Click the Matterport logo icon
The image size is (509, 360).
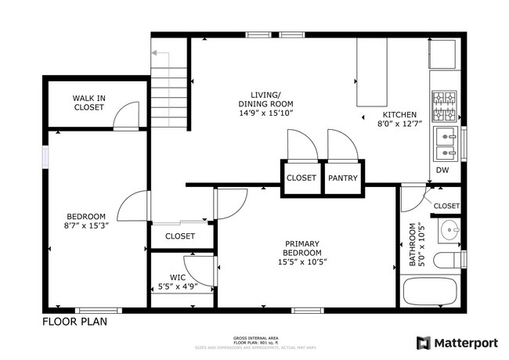(x=424, y=343)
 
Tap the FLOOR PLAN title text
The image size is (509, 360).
(x=74, y=321)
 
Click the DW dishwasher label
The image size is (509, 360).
(x=442, y=170)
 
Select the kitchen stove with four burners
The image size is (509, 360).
(x=445, y=104)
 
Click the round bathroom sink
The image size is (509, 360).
(x=449, y=231)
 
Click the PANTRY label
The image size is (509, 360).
(x=343, y=178)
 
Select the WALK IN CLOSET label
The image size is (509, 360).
(x=88, y=103)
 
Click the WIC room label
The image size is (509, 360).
(x=178, y=276)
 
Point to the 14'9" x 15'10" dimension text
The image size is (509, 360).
(x=266, y=113)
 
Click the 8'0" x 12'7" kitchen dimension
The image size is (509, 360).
(x=400, y=123)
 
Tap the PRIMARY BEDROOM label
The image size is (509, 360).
(x=302, y=248)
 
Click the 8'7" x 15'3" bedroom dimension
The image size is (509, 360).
(x=86, y=227)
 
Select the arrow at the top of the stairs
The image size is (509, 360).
(x=156, y=53)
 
